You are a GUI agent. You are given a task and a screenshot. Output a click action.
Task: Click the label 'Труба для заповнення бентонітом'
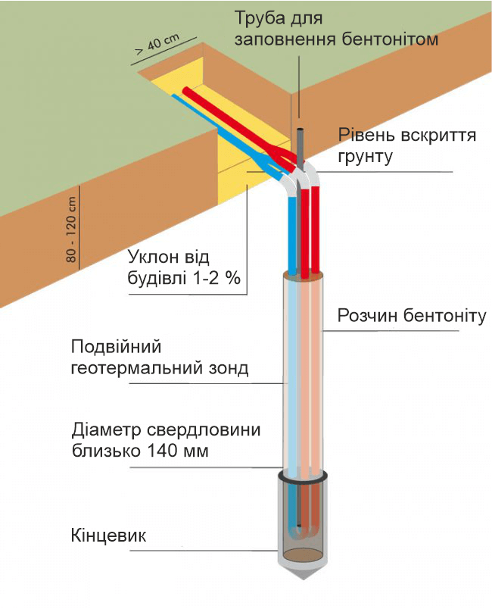click(336, 28)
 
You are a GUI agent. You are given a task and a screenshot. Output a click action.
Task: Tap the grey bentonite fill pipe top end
click(300, 132)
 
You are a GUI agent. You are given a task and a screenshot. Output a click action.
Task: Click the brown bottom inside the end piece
click(303, 555)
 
